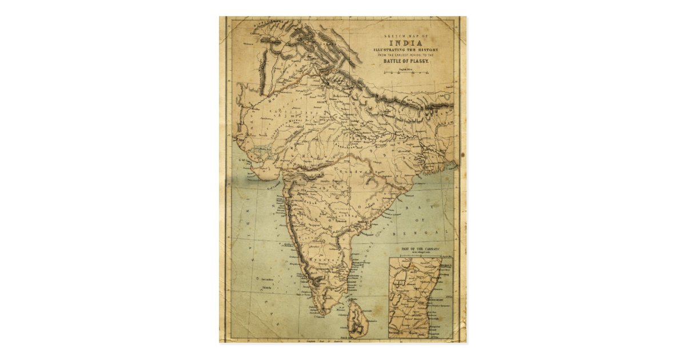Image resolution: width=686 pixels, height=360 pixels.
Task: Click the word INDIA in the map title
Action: (x=406, y=43)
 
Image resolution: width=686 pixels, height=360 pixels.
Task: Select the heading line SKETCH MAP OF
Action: (x=406, y=36)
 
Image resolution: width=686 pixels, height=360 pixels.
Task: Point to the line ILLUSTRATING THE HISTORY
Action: (x=406, y=49)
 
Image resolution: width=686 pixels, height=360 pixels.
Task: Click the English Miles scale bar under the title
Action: (x=406, y=73)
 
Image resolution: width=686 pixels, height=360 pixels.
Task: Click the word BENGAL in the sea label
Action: (x=416, y=233)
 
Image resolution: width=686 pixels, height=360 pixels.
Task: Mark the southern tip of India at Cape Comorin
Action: (x=324, y=313)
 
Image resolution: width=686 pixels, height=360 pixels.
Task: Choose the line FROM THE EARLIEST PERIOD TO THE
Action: (x=406, y=54)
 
